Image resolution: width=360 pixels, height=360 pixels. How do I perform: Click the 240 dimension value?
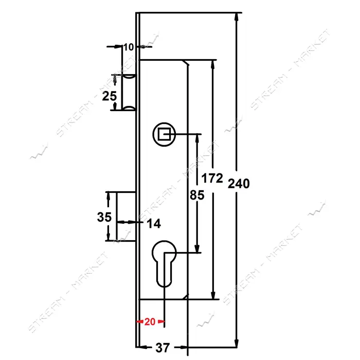tap(239, 184)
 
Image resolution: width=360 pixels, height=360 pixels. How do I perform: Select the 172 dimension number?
tap(212, 178)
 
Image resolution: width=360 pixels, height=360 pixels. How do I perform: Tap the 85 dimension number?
tap(197, 195)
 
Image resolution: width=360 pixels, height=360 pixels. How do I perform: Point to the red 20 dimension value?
tap(150, 321)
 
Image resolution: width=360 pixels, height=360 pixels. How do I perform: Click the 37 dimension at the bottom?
tap(163, 348)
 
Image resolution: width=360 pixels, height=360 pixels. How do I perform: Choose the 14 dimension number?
tap(154, 223)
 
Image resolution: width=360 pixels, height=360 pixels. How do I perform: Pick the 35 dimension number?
tap(104, 217)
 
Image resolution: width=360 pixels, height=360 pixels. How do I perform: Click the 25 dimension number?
tap(109, 96)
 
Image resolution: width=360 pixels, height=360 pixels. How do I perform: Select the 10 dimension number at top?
tap(129, 47)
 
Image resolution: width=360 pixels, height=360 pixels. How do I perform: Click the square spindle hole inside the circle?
tap(164, 134)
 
